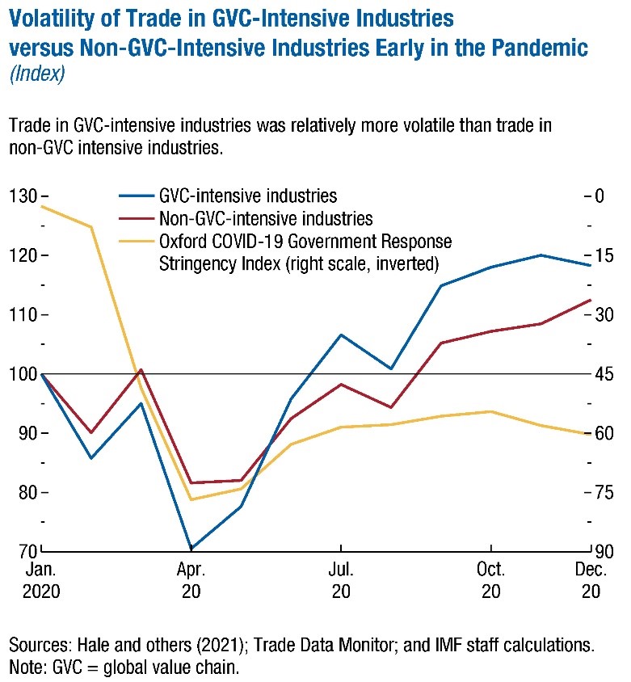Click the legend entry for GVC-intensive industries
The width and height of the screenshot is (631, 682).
[248, 196]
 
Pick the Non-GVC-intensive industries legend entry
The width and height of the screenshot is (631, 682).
[266, 218]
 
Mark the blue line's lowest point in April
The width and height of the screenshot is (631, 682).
[191, 549]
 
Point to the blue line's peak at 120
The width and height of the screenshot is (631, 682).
[541, 255]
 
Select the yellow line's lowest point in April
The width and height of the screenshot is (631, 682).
[191, 499]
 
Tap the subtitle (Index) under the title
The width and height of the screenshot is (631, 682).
[36, 74]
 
